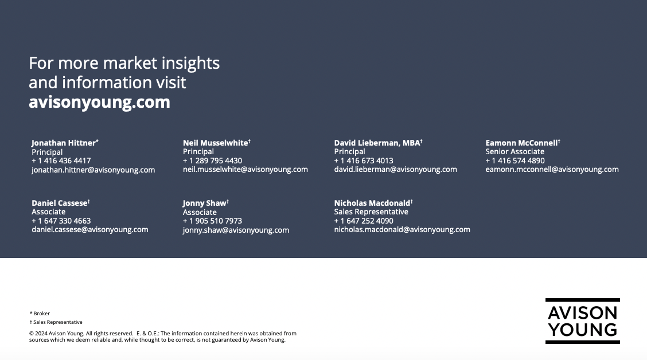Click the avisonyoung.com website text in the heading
coord(99,102)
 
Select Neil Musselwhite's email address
coord(245,170)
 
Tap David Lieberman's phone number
coord(364,161)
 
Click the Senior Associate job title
coord(515,152)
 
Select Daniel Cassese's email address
coord(90,230)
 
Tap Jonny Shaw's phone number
coord(212,221)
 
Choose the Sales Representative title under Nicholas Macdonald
coord(371,212)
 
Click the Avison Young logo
coord(583,321)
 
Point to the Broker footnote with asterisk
coord(40,314)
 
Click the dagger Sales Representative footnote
coord(56,322)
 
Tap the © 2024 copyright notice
coord(162,336)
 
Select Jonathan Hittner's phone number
coord(61,161)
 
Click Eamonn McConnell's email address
coord(552,170)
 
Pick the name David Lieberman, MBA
coord(378,143)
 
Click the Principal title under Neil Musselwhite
coord(198,152)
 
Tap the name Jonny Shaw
coord(205,203)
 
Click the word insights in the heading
coord(190,63)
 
